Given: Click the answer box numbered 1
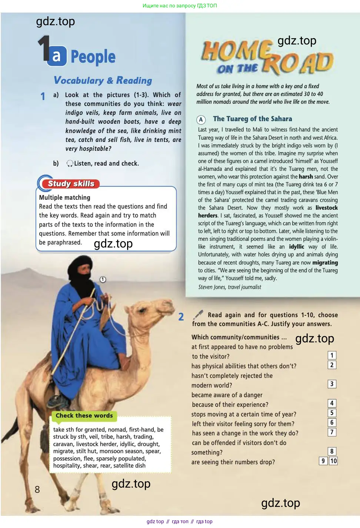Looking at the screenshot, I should coord(332,355).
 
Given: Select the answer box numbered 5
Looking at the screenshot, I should coord(332,413).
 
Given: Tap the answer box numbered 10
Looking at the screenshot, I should coord(333,461).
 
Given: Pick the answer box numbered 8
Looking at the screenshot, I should coord(332,451).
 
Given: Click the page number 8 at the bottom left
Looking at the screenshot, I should coord(37,489).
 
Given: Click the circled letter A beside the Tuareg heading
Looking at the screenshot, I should coord(201,120).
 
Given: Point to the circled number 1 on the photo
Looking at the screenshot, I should coord(103,279).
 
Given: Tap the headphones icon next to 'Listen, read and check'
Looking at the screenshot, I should coord(70,163).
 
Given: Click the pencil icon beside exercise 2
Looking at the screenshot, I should coord(198,315).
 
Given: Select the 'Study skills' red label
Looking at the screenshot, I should coord(71,184).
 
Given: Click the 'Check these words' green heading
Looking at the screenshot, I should coord(84,416).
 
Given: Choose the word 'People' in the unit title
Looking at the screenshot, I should coord(93,57).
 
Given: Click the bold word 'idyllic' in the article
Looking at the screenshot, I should coord(296,247).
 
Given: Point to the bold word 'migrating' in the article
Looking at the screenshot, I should coord(325,263).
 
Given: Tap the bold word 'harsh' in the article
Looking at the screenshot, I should coord(306,177).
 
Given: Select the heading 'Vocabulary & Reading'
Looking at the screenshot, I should coord(103,80).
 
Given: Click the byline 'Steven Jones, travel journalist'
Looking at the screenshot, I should coord(229,287).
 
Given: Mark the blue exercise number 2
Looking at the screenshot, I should coord(181,317).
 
